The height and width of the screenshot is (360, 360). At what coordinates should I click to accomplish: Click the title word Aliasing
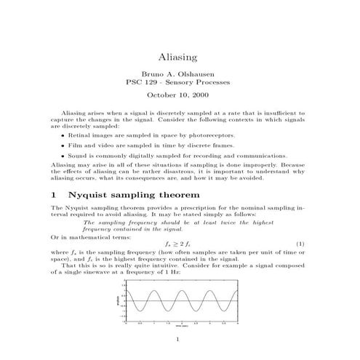[180, 56]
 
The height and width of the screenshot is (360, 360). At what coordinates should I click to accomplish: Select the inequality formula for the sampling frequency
[179, 242]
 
